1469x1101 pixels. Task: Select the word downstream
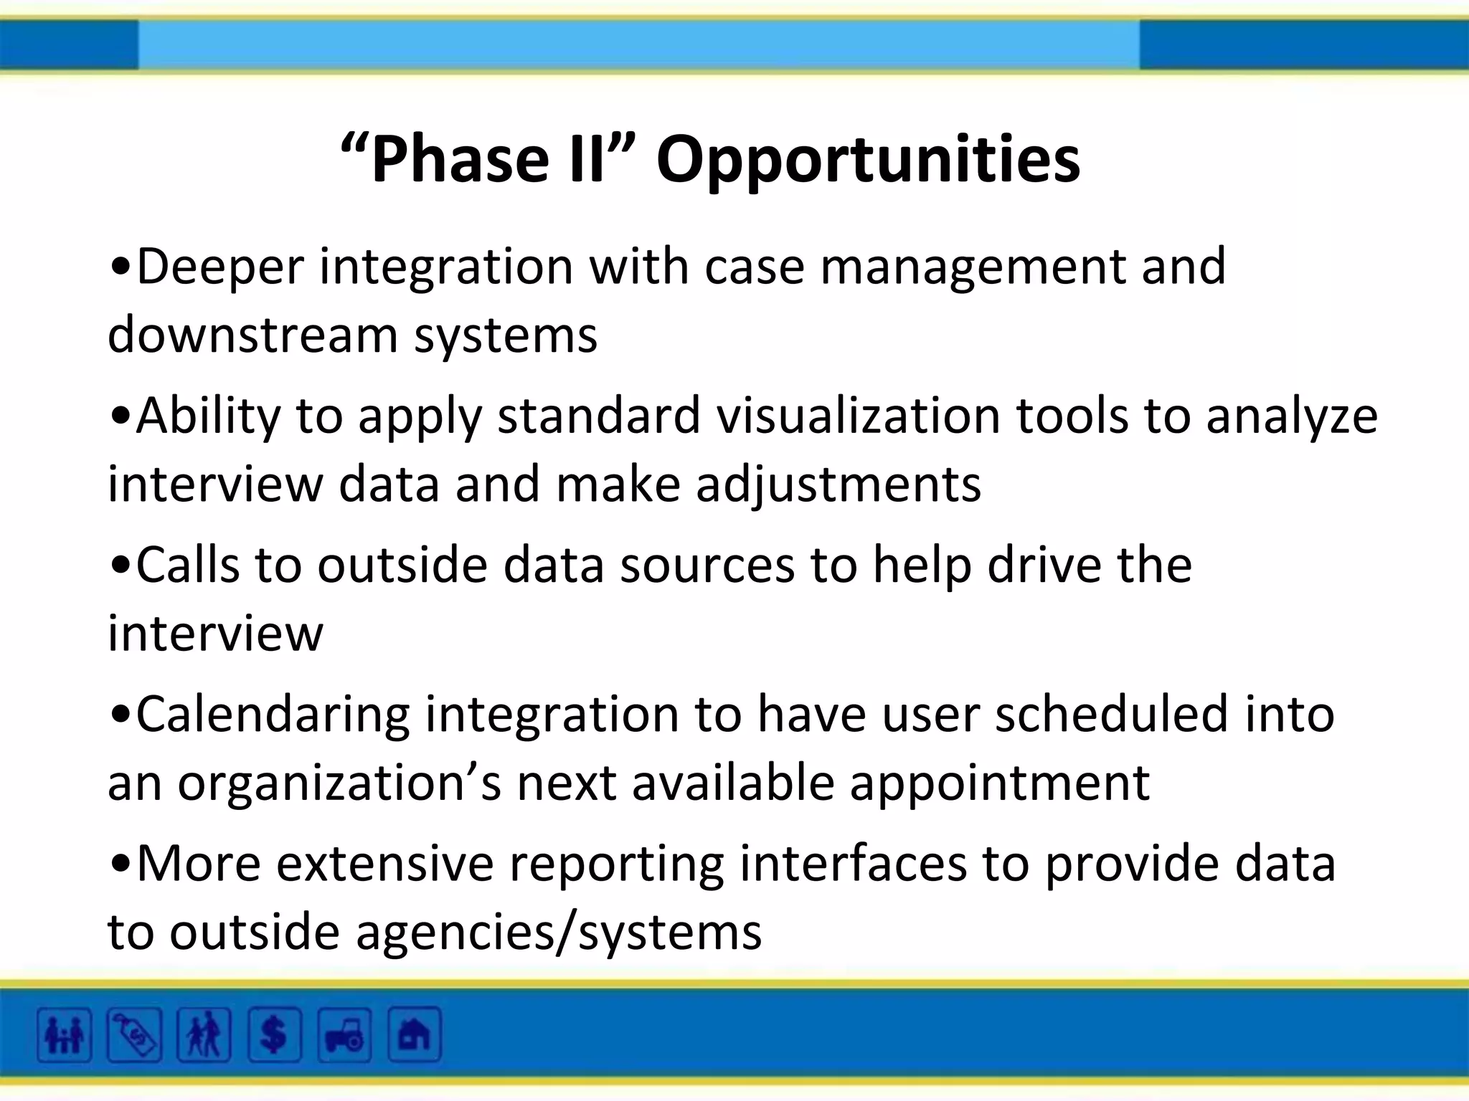point(252,335)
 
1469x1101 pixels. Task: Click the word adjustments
point(838,485)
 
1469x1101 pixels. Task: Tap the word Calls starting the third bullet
point(187,566)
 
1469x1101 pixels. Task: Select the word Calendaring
point(273,715)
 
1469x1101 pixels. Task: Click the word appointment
point(1000,783)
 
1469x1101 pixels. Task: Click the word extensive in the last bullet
point(384,864)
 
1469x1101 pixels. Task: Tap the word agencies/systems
point(559,933)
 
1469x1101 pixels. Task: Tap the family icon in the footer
point(65,1035)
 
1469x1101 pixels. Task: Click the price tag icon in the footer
point(134,1035)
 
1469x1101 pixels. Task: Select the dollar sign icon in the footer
point(274,1035)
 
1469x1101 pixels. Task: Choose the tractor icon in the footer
point(344,1035)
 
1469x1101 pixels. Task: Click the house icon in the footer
point(414,1035)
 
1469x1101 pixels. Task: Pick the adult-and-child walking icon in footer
point(204,1035)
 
